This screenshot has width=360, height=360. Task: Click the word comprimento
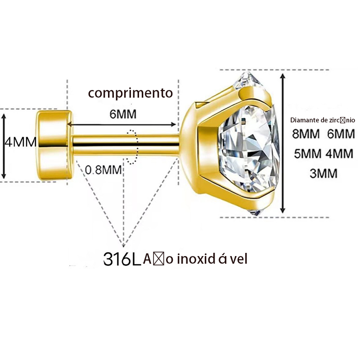(x=130, y=93)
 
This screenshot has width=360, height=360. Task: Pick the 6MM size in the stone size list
(x=341, y=134)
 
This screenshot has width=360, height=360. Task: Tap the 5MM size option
(x=308, y=153)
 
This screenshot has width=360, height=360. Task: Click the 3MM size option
(x=324, y=173)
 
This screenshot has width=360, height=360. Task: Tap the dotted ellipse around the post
(x=132, y=147)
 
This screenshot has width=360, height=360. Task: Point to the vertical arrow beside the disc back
(x=4, y=145)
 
